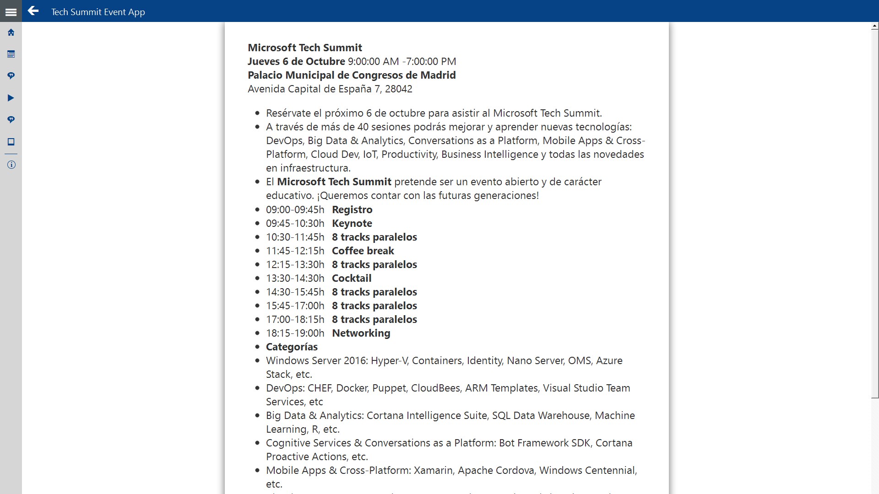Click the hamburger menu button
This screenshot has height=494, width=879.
11,12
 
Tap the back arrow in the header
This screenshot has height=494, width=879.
33,11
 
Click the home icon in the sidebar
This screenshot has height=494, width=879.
11,32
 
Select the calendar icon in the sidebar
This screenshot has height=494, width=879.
11,54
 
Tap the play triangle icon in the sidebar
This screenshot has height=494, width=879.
11,98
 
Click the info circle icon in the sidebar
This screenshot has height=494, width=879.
11,165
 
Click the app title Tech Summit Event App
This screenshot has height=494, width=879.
98,12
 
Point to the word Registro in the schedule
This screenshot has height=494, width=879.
352,210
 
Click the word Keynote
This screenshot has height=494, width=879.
352,224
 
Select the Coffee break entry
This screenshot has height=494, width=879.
363,251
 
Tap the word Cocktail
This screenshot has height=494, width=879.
351,279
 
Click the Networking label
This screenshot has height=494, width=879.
361,333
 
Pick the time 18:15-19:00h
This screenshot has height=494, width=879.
295,333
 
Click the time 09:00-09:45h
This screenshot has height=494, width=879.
295,210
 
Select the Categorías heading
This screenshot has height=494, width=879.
292,347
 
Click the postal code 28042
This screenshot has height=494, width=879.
398,89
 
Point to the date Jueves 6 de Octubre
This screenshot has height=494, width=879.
296,62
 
